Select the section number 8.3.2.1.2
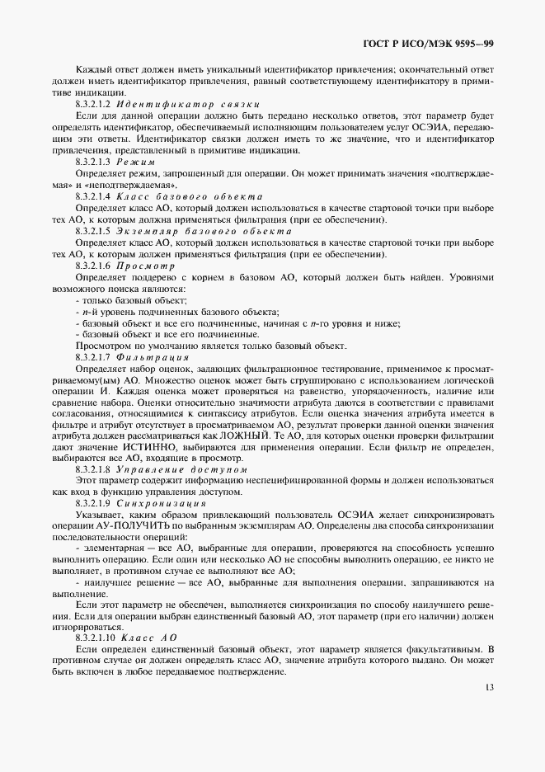(93, 106)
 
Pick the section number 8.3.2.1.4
(93, 197)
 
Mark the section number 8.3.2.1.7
(93, 358)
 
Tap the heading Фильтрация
(154, 358)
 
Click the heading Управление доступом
(182, 468)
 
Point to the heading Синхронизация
(162, 501)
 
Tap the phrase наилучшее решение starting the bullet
(124, 581)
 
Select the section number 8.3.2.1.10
(95, 638)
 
